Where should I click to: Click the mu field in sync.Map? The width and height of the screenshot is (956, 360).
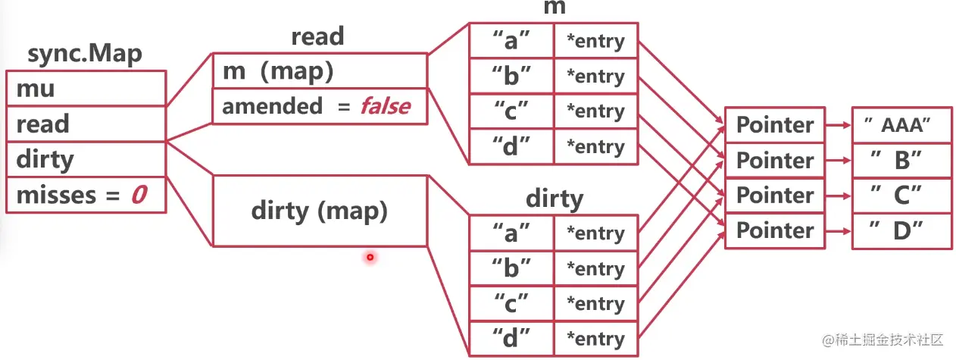(86, 89)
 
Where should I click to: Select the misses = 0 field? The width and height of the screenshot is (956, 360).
(86, 196)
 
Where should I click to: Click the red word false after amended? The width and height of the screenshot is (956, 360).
(385, 106)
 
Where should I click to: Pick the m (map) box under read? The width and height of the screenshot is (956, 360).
(320, 71)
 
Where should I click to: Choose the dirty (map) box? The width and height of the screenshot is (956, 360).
(320, 211)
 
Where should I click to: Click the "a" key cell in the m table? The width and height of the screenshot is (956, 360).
(511, 42)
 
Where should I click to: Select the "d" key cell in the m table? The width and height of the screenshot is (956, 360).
(511, 146)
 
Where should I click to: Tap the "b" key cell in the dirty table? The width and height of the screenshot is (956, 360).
(511, 268)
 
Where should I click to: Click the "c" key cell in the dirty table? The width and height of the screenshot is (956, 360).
(511, 304)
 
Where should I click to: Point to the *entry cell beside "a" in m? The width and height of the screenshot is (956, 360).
(595, 42)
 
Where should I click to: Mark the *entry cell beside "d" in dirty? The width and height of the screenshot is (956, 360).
(595, 339)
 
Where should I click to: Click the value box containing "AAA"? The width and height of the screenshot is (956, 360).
(901, 125)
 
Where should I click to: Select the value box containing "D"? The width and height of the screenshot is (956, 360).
(901, 231)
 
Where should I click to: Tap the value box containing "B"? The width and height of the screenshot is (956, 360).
(901, 161)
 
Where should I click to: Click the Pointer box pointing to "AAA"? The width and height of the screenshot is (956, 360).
(774, 125)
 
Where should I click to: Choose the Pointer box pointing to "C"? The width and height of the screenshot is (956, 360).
(774, 196)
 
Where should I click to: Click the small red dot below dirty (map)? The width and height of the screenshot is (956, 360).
(370, 258)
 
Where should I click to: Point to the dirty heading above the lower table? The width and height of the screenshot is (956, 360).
(555, 199)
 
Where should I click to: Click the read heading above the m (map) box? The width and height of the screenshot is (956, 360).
(317, 36)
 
